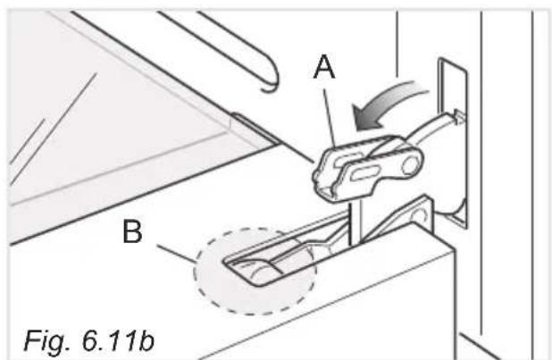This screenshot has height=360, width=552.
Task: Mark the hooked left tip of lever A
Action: tap(321, 180)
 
